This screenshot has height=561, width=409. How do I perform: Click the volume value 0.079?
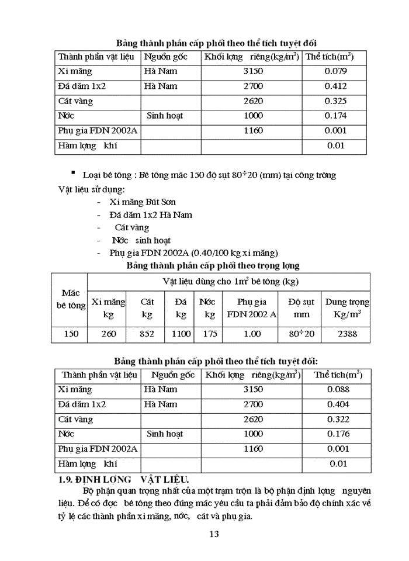[x=335, y=71]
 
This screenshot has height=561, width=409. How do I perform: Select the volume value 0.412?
[x=335, y=86]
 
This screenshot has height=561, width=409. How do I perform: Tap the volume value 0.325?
[x=335, y=101]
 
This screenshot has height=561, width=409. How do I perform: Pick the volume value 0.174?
[x=335, y=116]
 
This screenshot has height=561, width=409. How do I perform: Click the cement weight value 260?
[x=108, y=334]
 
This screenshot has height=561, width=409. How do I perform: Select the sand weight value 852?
[x=147, y=334]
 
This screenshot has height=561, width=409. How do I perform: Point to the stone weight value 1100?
[x=181, y=334]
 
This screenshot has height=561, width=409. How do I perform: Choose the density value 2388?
[x=346, y=334]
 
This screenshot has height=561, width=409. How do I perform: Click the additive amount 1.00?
[x=252, y=334]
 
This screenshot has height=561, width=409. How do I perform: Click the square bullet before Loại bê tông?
[x=73, y=174]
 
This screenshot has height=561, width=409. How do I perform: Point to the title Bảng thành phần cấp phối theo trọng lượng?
[x=213, y=265]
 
